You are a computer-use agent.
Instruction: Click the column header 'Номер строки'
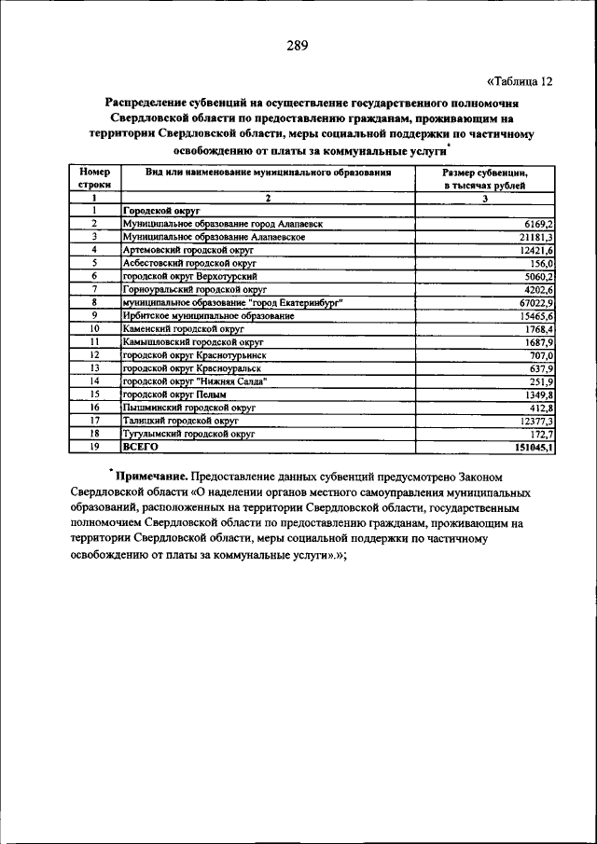click(x=94, y=179)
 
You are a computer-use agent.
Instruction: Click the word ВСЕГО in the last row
click(x=141, y=447)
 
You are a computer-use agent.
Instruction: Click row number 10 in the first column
click(x=94, y=329)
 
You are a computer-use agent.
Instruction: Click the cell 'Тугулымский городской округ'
click(x=187, y=434)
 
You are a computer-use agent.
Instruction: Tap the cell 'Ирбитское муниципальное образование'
click(x=209, y=316)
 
